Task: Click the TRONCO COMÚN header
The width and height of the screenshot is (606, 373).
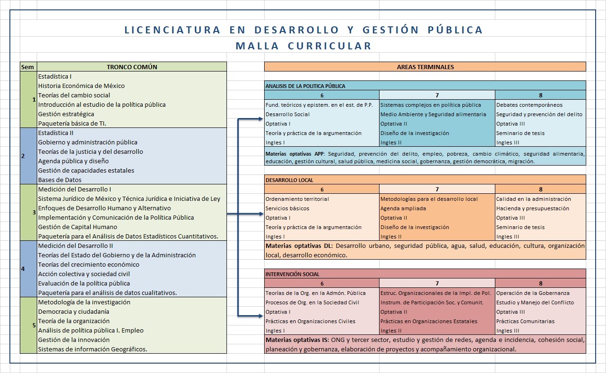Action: coord(132,67)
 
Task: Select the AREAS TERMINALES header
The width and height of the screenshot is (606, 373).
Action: coord(425,67)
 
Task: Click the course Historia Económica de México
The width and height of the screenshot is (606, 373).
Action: coord(81,86)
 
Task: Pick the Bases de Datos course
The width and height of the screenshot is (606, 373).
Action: coord(60,180)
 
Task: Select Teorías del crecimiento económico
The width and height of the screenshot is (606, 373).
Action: coord(89,264)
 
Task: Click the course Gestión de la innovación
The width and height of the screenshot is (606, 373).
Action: coord(73,340)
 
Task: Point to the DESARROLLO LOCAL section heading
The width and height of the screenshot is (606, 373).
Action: coord(290,180)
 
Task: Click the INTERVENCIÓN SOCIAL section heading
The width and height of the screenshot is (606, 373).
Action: coord(292,274)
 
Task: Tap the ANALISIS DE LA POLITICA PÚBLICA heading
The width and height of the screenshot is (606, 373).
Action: coord(306,86)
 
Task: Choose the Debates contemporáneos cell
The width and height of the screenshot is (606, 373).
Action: coord(529,105)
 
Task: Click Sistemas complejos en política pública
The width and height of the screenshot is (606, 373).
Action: coord(431,105)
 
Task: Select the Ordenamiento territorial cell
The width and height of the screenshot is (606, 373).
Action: coord(297,199)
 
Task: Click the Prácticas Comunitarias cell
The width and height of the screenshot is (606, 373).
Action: coord(525,321)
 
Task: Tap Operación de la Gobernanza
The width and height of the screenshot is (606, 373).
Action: coord(533,293)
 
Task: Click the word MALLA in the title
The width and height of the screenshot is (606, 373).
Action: coord(257,46)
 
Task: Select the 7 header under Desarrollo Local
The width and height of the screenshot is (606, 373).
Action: coord(437,190)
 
